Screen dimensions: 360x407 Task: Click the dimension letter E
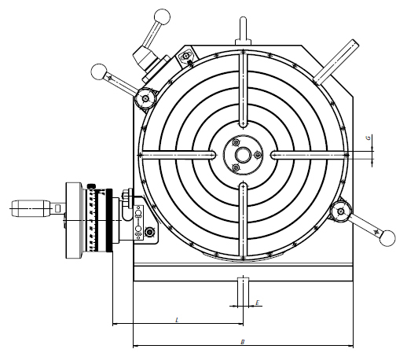click(x=256, y=301)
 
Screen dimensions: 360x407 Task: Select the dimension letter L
click(x=178, y=319)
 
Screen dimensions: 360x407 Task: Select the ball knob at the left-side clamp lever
click(x=100, y=72)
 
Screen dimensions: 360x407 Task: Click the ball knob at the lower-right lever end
click(x=385, y=238)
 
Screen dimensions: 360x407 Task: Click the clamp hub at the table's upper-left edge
click(x=145, y=97)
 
